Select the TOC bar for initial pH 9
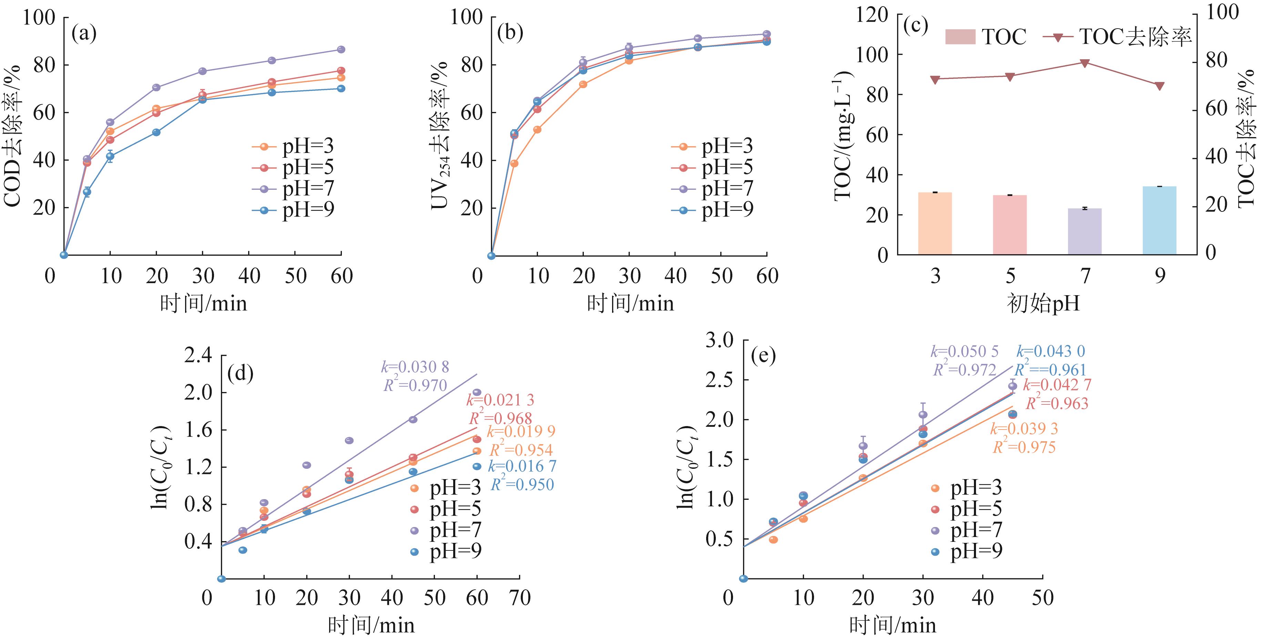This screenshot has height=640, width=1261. tap(1159, 220)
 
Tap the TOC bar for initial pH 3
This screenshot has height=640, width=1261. tap(935, 223)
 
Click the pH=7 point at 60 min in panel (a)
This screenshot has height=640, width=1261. tap(341, 49)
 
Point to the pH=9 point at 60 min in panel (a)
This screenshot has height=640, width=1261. tap(341, 89)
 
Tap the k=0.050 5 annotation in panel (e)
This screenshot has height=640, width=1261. tap(964, 351)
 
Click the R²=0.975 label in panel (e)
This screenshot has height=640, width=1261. tap(1024, 447)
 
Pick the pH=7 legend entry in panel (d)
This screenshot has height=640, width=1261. tap(446, 530)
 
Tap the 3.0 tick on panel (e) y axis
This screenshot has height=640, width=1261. tap(719, 340)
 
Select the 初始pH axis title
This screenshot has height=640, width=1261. tap(1043, 304)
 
